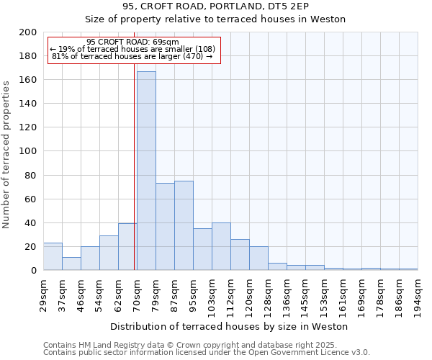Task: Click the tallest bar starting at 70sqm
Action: [x=146, y=171]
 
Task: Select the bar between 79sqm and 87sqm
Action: [x=165, y=227]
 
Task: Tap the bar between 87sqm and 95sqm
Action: [x=184, y=225]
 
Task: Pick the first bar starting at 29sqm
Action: [x=53, y=256]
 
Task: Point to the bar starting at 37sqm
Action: [x=71, y=264]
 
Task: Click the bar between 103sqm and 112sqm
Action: [x=221, y=246]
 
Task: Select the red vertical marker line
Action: [x=135, y=166]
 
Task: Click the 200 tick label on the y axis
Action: [x=28, y=32]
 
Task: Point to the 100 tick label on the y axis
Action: [x=28, y=151]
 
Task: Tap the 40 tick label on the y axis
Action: [x=31, y=223]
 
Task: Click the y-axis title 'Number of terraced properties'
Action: [x=6, y=154]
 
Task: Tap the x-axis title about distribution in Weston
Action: [x=229, y=327]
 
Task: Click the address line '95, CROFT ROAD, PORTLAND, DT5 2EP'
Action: [x=215, y=6]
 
